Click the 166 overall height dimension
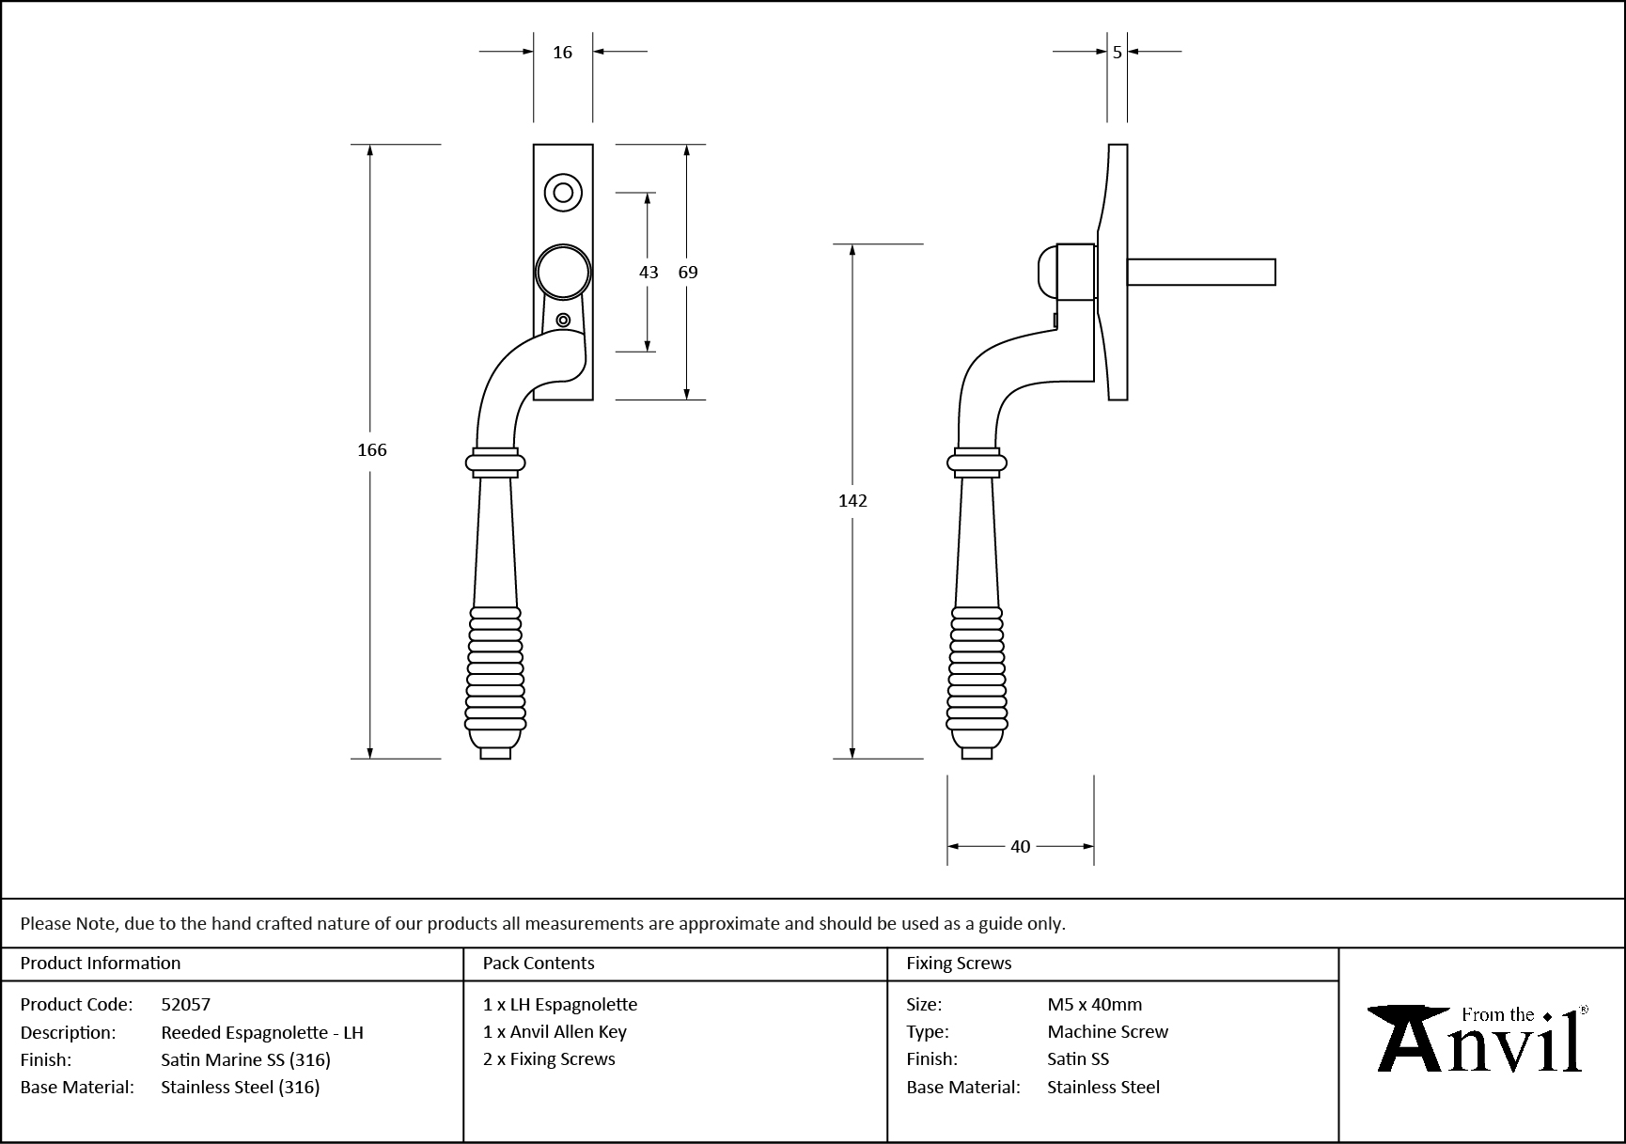pyautogui.click(x=371, y=450)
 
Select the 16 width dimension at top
pyautogui.click(x=562, y=53)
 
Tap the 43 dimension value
pyautogui.click(x=649, y=273)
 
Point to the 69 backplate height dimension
pyautogui.click(x=688, y=273)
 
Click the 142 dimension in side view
pyautogui.click(x=852, y=501)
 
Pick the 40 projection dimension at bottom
pyautogui.click(x=1021, y=847)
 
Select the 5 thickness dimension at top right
pyautogui.click(x=1117, y=53)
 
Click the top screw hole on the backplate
pyautogui.click(x=563, y=193)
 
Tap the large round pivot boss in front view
pyautogui.click(x=563, y=273)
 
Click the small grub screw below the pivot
pyautogui.click(x=563, y=320)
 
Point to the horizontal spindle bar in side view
pyautogui.click(x=1201, y=272)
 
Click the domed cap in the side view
pyautogui.click(x=1046, y=272)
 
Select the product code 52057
pyautogui.click(x=186, y=1004)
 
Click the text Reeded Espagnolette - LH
pyautogui.click(x=262, y=1032)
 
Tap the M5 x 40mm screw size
pyautogui.click(x=1095, y=1004)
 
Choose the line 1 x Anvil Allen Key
pyautogui.click(x=555, y=1031)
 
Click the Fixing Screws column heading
pyautogui.click(x=959, y=964)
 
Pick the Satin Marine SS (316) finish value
pyautogui.click(x=245, y=1059)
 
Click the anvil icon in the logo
pyautogui.click(x=1407, y=1039)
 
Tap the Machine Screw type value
pyautogui.click(x=1107, y=1031)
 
